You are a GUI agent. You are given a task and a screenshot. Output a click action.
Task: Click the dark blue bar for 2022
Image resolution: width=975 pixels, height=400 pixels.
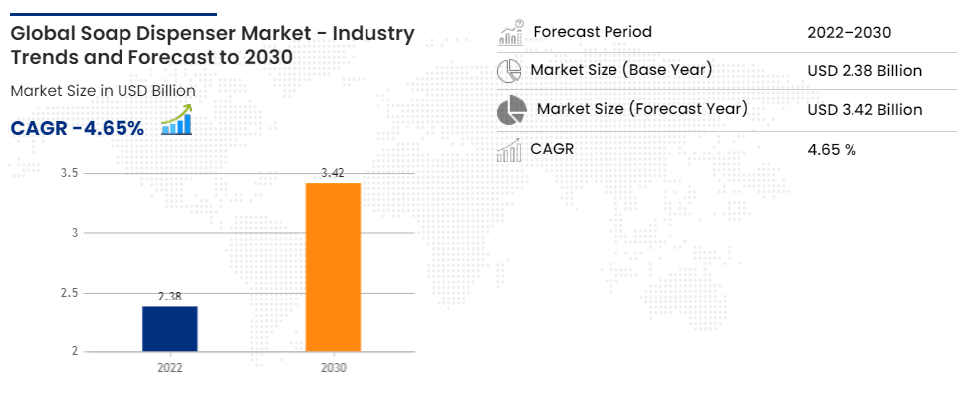click(x=169, y=329)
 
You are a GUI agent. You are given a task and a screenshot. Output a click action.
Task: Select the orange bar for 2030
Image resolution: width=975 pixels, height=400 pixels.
click(x=333, y=268)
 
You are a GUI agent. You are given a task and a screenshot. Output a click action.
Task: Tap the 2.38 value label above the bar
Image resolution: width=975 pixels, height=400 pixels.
click(x=169, y=297)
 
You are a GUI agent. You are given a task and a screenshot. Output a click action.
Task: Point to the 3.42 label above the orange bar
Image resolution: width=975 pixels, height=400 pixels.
click(x=333, y=173)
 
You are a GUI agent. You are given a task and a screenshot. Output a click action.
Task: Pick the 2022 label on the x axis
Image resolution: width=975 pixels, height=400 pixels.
click(x=169, y=368)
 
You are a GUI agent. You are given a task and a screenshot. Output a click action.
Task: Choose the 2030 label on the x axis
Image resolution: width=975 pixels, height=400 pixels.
click(x=333, y=368)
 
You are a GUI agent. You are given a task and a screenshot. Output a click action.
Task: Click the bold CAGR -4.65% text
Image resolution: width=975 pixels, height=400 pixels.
click(x=78, y=128)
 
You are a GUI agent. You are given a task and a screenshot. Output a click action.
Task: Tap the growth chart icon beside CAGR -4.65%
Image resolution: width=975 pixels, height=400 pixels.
click(x=177, y=119)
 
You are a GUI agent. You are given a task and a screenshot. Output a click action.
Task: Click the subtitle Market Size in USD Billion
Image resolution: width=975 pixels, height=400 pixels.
click(x=104, y=91)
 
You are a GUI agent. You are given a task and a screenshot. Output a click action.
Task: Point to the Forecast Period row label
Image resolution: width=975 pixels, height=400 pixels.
click(x=593, y=32)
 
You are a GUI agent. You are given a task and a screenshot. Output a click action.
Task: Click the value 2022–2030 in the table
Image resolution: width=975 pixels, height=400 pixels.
click(x=849, y=32)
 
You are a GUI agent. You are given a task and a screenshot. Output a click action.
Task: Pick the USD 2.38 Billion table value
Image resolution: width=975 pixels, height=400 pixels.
click(x=864, y=71)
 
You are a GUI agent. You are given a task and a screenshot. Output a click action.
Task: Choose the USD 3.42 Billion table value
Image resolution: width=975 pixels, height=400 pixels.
click(x=864, y=110)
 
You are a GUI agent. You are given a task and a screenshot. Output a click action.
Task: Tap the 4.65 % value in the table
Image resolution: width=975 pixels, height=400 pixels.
click(x=832, y=149)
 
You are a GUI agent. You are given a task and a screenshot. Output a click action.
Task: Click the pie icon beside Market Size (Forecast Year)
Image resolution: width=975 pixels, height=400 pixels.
click(x=511, y=110)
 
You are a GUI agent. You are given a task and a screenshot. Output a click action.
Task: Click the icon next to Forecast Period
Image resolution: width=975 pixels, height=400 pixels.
click(x=511, y=32)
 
